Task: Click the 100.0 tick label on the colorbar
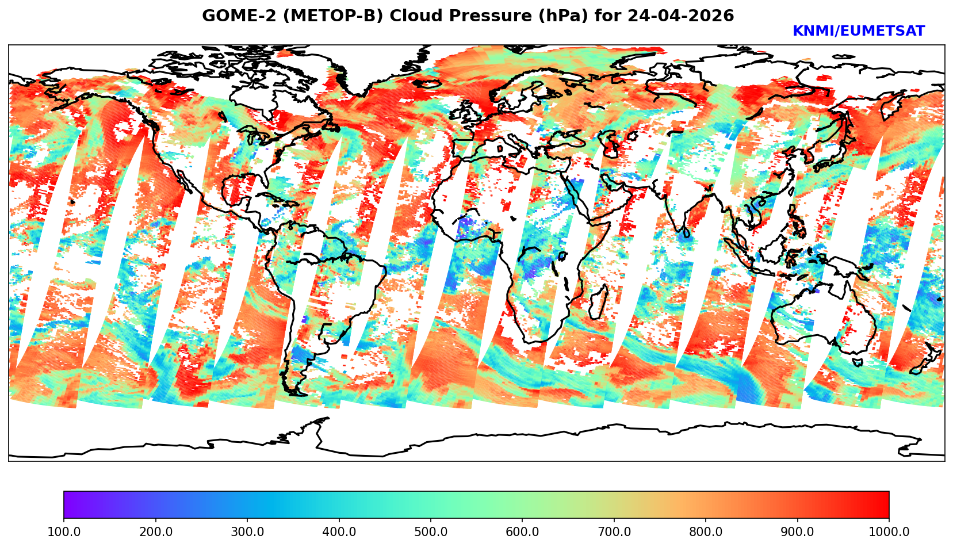click(64, 531)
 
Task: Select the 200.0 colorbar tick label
click(155, 531)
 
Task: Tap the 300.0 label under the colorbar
click(247, 531)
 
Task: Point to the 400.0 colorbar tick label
click(339, 531)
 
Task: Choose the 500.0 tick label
click(431, 531)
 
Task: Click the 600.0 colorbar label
click(522, 531)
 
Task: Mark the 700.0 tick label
click(614, 531)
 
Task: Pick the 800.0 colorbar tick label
click(706, 531)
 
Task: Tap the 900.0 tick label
click(798, 531)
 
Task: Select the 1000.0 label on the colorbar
click(889, 531)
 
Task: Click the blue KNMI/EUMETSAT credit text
click(858, 32)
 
